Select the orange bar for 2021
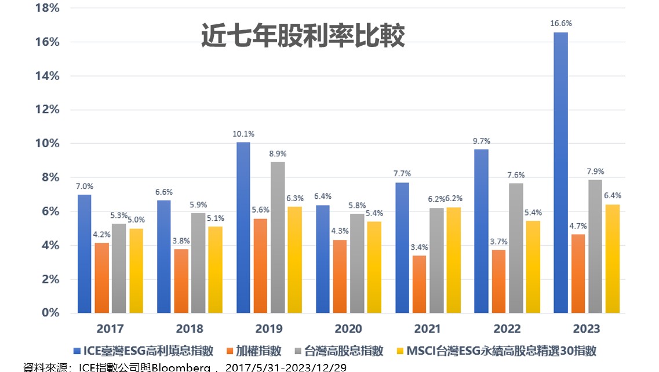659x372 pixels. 420,284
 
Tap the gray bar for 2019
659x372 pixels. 278,238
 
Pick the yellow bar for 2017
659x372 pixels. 136,271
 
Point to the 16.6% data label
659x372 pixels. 560,24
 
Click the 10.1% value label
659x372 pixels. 243,134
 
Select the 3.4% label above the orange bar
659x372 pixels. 420,247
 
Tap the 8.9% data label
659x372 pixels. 278,154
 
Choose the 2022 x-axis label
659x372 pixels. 507,329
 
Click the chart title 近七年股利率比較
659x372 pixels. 303,36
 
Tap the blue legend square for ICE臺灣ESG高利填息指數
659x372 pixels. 77,351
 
